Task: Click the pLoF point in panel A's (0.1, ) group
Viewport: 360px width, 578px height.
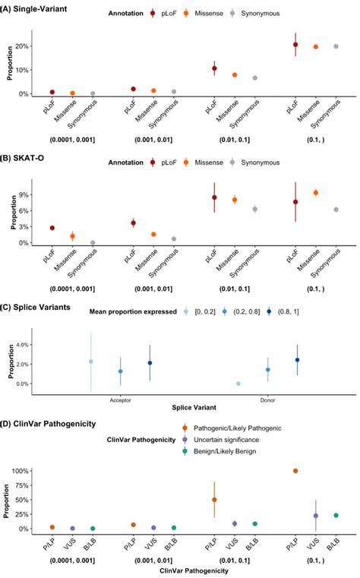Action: click(x=295, y=45)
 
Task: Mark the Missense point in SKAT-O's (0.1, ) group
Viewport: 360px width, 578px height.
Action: click(x=315, y=193)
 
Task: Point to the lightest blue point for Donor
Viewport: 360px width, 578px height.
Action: click(x=238, y=384)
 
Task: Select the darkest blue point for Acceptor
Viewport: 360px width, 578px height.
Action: click(x=150, y=363)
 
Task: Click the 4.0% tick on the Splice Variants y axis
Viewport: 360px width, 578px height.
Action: click(x=23, y=344)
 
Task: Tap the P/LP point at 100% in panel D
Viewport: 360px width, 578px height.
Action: click(x=295, y=471)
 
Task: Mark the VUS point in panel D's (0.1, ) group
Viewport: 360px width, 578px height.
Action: click(x=315, y=516)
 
